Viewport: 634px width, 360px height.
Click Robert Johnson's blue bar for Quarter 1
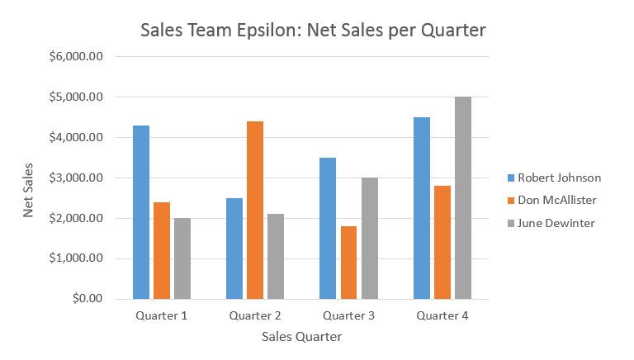pyautogui.click(x=141, y=212)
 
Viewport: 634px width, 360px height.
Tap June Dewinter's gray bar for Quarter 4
pyautogui.click(x=463, y=197)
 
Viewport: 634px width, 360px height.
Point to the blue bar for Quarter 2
pyautogui.click(x=234, y=249)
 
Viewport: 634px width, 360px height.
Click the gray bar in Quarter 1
pyautogui.click(x=182, y=258)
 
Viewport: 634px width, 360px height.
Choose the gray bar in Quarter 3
pyautogui.click(x=369, y=238)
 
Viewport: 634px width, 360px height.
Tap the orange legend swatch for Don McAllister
pyautogui.click(x=511, y=200)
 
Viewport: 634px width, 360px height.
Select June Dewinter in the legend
pyautogui.click(x=556, y=223)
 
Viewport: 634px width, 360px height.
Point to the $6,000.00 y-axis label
pyautogui.click(x=77, y=57)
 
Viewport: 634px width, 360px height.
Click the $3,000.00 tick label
pyautogui.click(x=77, y=178)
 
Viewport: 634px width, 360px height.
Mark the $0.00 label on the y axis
pyautogui.click(x=85, y=299)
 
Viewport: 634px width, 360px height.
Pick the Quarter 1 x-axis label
pyautogui.click(x=161, y=315)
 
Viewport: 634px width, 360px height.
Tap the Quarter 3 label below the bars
pyautogui.click(x=348, y=315)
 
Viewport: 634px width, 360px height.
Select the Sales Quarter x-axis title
pyautogui.click(x=301, y=337)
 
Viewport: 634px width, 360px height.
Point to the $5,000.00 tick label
pyautogui.click(x=77, y=97)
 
